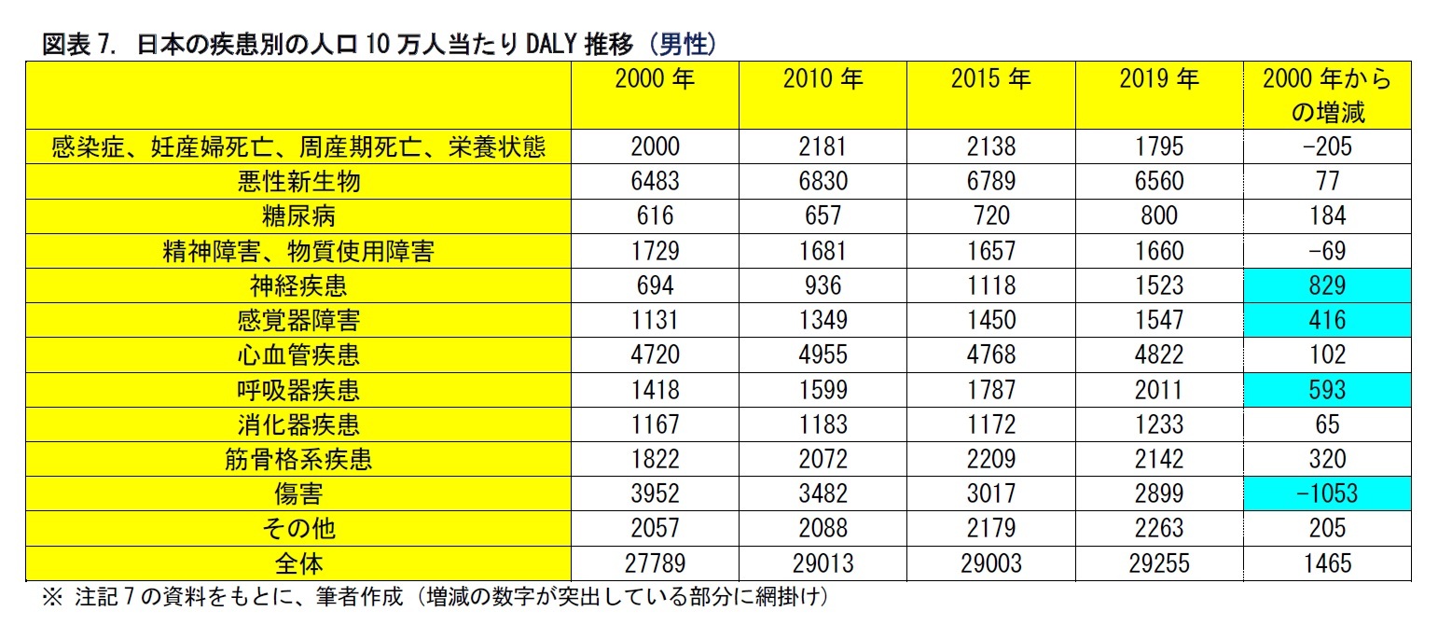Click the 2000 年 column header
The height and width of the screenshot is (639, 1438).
pyautogui.click(x=655, y=80)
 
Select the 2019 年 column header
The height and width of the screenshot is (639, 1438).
pyautogui.click(x=1158, y=80)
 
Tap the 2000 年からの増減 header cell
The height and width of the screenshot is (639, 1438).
pyautogui.click(x=1327, y=95)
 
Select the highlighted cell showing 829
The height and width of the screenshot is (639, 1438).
pyautogui.click(x=1327, y=285)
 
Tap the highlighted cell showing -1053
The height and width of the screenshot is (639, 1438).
pyautogui.click(x=1327, y=493)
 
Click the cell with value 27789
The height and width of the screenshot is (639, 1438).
pyautogui.click(x=655, y=563)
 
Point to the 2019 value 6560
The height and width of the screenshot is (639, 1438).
pyautogui.click(x=1158, y=181)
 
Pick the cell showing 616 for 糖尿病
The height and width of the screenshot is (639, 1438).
pyautogui.click(x=655, y=215)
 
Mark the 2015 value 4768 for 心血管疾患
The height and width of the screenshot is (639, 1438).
pyautogui.click(x=990, y=354)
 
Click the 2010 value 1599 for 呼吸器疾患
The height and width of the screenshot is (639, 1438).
pyautogui.click(x=823, y=390)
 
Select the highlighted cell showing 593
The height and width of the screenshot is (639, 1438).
pyautogui.click(x=1327, y=390)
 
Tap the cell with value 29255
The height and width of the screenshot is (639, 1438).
pyautogui.click(x=1158, y=563)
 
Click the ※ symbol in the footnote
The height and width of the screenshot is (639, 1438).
pyautogui.click(x=52, y=598)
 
